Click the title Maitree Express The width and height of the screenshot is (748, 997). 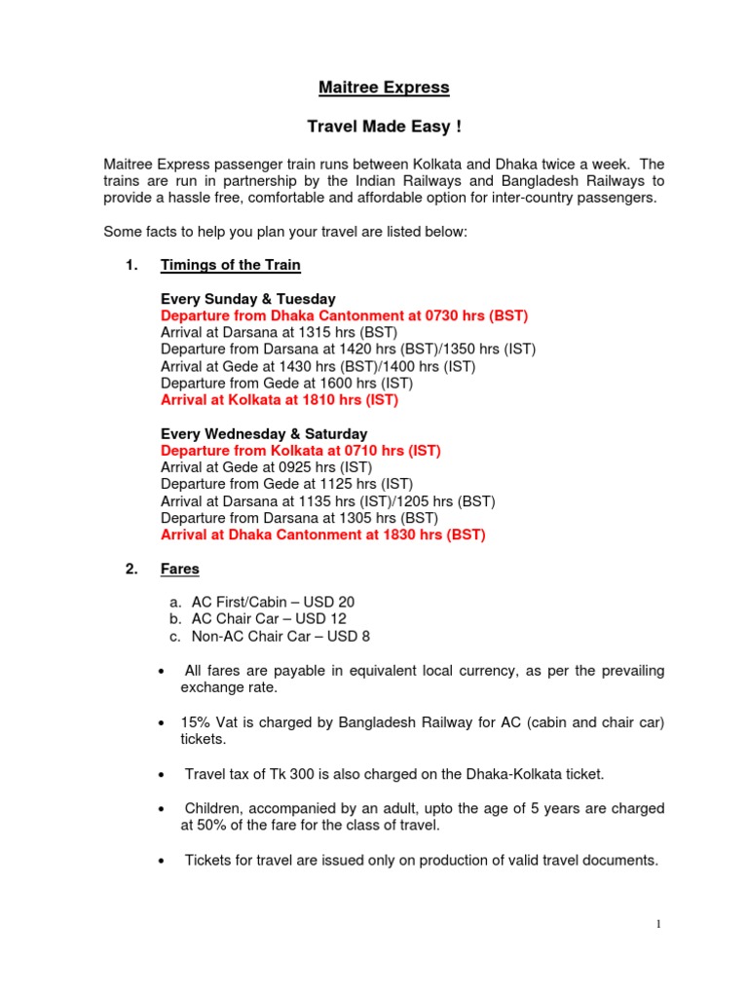(x=384, y=88)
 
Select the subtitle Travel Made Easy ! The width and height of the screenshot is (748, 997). (x=384, y=128)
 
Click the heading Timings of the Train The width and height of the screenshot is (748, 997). (x=231, y=265)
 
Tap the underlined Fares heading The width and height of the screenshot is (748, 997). (x=180, y=570)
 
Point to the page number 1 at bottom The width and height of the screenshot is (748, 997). (x=659, y=924)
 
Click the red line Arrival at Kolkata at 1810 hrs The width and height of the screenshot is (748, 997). (x=280, y=399)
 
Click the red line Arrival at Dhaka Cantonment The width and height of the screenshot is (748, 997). (x=323, y=535)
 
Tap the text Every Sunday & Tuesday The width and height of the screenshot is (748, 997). (x=248, y=299)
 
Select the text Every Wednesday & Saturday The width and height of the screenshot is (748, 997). (x=264, y=433)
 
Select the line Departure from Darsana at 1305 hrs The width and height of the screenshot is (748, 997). (x=300, y=518)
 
